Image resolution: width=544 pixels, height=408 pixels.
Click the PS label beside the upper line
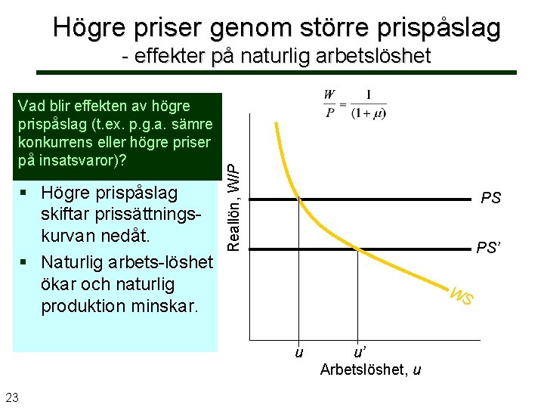[x=490, y=199]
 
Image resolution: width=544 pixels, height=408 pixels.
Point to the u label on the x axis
[x=299, y=352]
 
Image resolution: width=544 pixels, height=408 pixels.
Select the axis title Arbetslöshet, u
[x=370, y=369]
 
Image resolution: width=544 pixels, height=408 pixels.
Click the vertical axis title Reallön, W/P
[x=235, y=199]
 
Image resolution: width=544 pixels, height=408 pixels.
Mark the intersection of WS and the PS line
[x=300, y=199]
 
